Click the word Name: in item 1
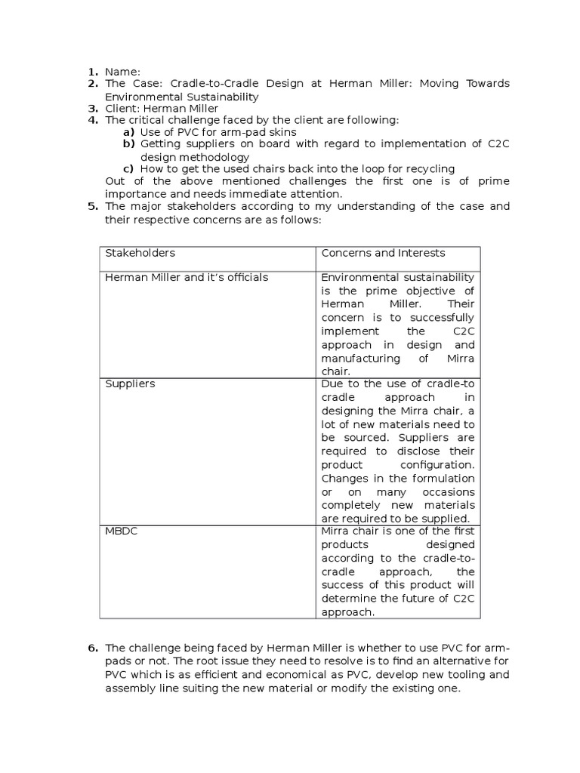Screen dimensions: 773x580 122,71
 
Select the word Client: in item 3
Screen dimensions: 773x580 122,109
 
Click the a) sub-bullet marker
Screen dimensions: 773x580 128,132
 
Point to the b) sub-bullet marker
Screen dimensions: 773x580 128,144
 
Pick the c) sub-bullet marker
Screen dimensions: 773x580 128,169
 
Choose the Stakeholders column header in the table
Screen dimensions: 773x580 140,253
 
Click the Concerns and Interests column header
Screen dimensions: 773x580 383,253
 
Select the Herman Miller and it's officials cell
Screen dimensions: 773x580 187,278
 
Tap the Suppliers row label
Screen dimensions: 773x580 130,383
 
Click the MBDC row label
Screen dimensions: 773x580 121,531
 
